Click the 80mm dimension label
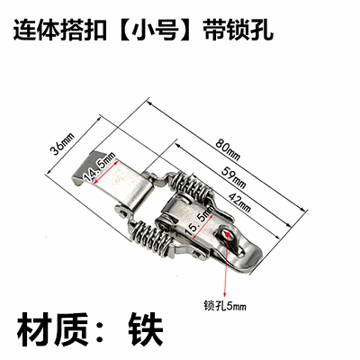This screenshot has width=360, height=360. (x=228, y=149)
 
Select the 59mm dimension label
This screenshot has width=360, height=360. (x=234, y=177)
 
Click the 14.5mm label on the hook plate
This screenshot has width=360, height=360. (x=100, y=166)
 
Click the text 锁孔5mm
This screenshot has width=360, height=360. (x=225, y=306)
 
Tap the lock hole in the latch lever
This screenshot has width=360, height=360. (x=228, y=234)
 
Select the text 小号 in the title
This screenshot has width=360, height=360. (x=155, y=31)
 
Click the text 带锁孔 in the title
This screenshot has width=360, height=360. (x=238, y=31)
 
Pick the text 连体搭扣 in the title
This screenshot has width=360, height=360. (x=59, y=31)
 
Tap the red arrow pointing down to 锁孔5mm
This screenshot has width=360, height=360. (x=227, y=265)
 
